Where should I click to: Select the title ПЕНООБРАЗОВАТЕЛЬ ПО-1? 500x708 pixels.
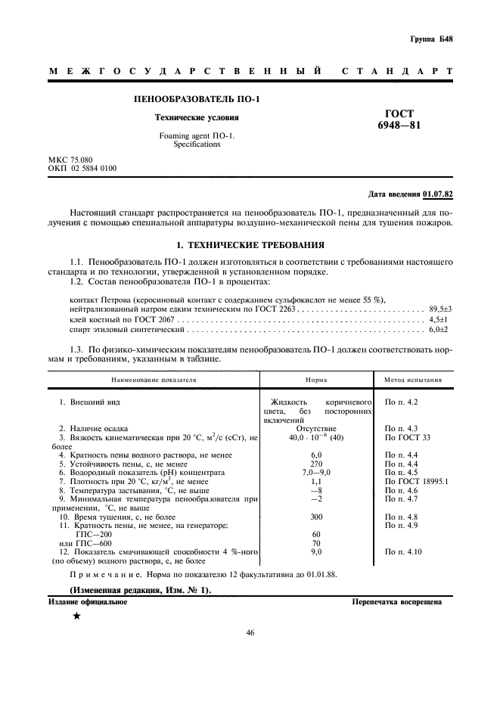[x=197, y=99]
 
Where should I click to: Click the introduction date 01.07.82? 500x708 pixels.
[x=438, y=194]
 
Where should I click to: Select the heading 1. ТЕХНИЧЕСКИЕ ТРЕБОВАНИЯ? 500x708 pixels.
[x=250, y=245]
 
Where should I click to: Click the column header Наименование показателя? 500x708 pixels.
[x=154, y=380]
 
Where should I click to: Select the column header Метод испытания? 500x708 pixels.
[x=414, y=380]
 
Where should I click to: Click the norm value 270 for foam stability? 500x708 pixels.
[x=317, y=463]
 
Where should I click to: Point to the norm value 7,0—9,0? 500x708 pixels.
[x=317, y=472]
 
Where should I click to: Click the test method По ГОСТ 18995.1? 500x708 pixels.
[x=417, y=481]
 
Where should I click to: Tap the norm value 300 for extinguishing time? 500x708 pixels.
[x=317, y=517]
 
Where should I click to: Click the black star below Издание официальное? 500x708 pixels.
[x=76, y=617]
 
